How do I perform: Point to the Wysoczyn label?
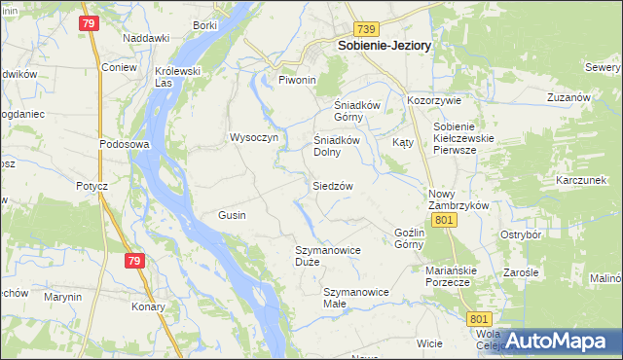point(254,138)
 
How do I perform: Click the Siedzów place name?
point(332,185)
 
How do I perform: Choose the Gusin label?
point(232,215)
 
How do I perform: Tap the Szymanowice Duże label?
point(328,256)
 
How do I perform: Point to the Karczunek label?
point(581,181)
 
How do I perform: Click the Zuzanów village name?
point(569,99)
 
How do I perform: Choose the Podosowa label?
point(123,144)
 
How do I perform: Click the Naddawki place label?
point(146,38)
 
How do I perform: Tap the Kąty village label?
point(403,142)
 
